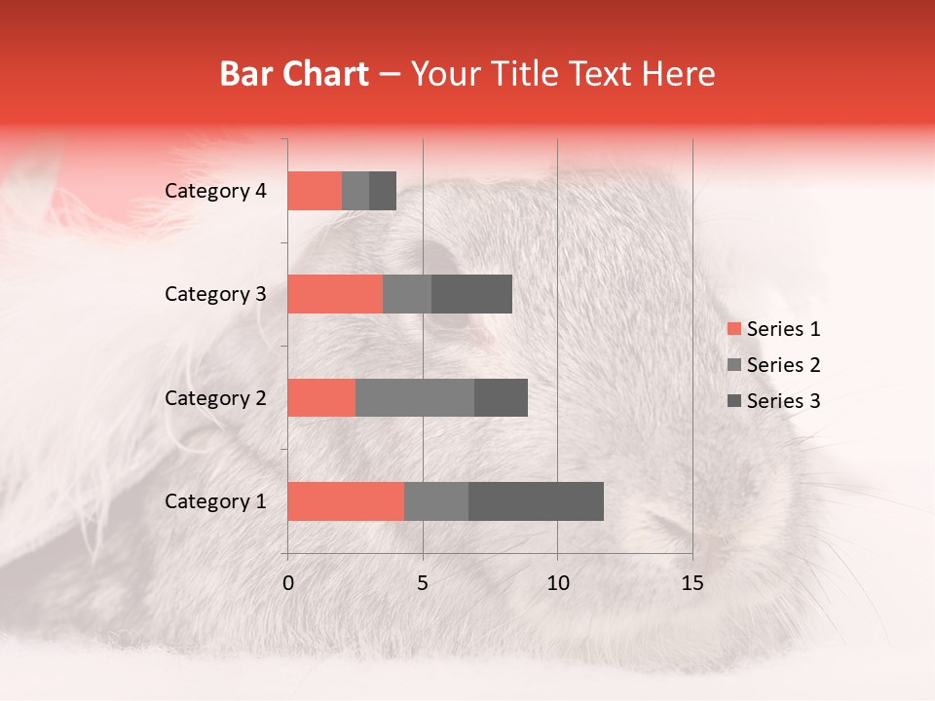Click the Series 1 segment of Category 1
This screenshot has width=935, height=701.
[346, 501]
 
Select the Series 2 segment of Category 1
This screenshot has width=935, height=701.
[436, 501]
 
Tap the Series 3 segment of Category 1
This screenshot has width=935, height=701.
[536, 501]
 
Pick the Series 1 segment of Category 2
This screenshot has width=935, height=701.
[321, 397]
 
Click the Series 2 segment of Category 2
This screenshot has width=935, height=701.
[415, 397]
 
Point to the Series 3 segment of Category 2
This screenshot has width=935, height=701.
[501, 397]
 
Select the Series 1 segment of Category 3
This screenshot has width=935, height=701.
[335, 294]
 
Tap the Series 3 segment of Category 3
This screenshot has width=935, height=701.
[471, 294]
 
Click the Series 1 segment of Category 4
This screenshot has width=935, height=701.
[315, 191]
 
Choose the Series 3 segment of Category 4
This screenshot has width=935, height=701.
[383, 191]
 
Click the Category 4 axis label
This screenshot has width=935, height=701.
[215, 191]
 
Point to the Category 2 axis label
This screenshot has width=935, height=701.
[215, 397]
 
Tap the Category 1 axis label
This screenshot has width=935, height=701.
[215, 501]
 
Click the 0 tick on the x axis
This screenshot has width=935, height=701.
[288, 583]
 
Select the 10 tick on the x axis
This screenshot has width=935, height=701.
[557, 583]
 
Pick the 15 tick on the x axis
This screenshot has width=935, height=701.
[692, 583]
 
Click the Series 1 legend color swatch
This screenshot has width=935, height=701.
[733, 329]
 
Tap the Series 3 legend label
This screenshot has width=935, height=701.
[783, 401]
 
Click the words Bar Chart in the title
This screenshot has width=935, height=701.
[294, 74]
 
